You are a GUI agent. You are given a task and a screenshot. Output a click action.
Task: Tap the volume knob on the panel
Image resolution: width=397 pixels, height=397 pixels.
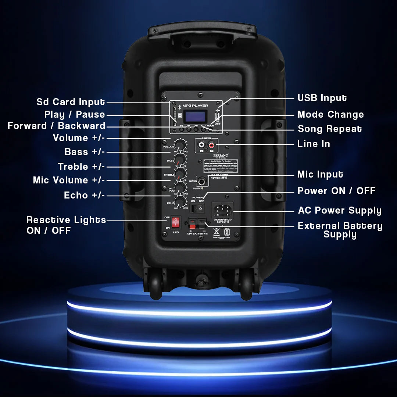pyautogui.click(x=180, y=144)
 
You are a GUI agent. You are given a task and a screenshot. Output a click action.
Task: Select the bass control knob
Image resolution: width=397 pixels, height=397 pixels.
pyautogui.click(x=180, y=158)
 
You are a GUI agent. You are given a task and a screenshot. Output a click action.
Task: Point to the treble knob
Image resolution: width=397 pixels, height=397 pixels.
pyautogui.click(x=180, y=173)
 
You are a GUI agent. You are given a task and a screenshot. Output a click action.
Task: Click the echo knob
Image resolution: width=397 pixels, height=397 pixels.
pyautogui.click(x=180, y=201)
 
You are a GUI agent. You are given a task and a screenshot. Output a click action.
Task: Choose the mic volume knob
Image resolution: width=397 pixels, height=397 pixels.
pyautogui.click(x=180, y=187)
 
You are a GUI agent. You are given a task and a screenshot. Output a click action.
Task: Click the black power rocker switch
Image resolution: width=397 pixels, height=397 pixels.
pyautogui.click(x=198, y=208)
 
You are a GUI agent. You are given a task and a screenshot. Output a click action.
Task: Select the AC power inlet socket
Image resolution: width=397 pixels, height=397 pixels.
pyautogui.click(x=222, y=210)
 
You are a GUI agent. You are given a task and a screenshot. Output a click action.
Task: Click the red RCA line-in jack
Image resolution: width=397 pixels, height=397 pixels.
pyautogui.click(x=211, y=146)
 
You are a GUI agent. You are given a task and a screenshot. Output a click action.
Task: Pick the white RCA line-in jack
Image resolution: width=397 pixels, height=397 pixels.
pyautogui.click(x=202, y=146)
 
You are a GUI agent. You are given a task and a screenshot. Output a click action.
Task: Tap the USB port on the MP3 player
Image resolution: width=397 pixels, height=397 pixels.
pyautogui.click(x=217, y=118)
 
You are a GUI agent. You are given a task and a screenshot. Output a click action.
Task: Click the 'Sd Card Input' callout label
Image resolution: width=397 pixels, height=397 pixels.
pyautogui.click(x=71, y=102)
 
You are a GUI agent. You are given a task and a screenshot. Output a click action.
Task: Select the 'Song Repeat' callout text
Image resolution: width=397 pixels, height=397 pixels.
pyautogui.click(x=330, y=129)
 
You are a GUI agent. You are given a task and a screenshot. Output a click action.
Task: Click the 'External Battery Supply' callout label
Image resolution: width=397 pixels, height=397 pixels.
pyautogui.click(x=340, y=230)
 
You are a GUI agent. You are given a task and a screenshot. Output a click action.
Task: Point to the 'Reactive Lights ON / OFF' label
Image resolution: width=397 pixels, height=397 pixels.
pyautogui.click(x=66, y=225)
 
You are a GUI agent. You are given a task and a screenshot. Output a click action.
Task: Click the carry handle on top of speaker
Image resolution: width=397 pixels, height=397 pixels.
pyautogui.click(x=202, y=31)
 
